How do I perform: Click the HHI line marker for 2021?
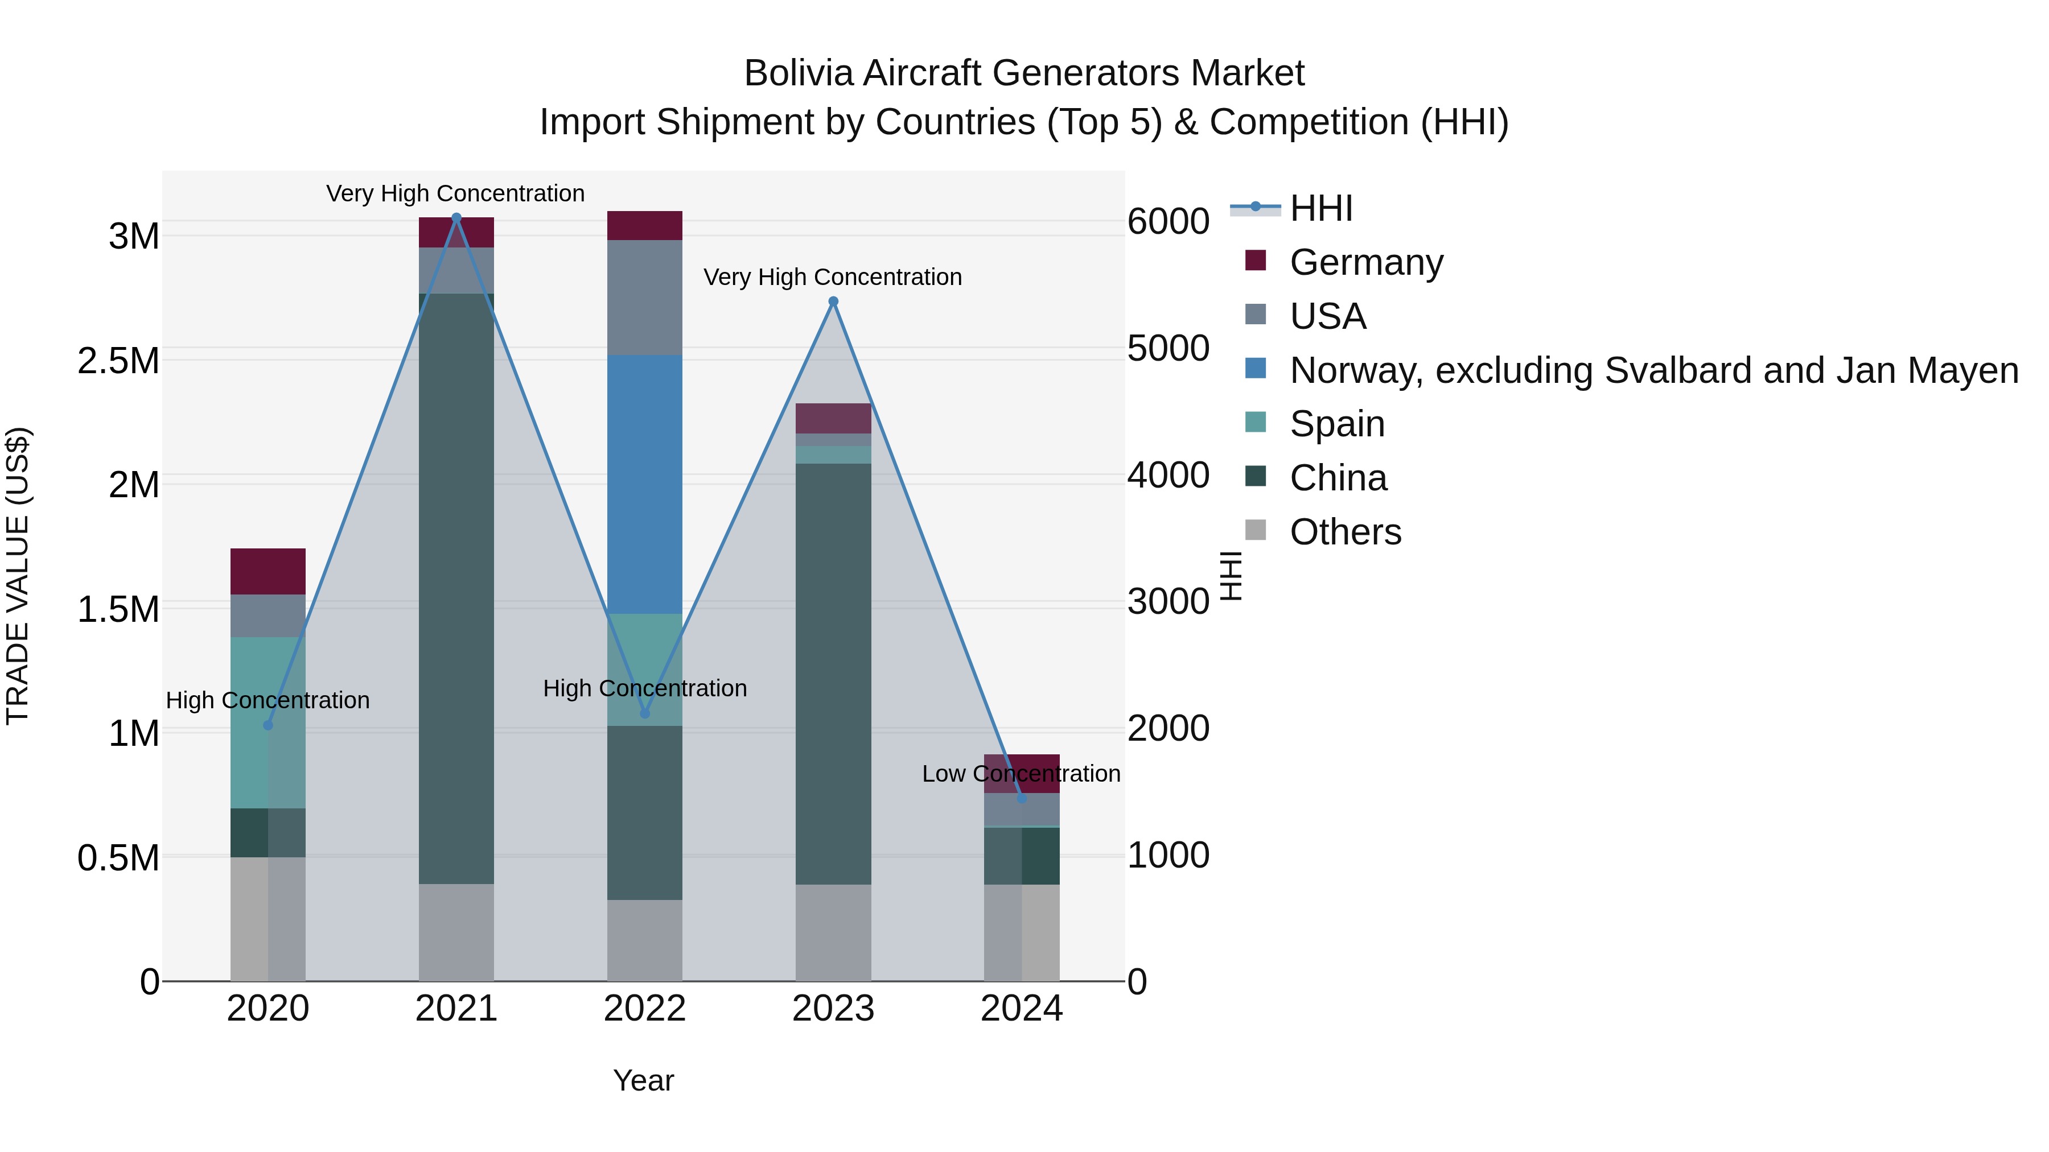pos(456,218)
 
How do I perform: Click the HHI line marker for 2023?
pos(833,302)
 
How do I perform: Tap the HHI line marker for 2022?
pos(644,713)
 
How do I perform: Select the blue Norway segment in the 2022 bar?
pos(644,484)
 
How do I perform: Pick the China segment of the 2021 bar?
pos(456,588)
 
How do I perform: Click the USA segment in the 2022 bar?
pos(644,298)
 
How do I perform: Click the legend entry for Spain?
pos(1336,424)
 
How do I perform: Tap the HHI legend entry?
pos(1320,208)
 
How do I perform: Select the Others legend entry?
pos(1344,532)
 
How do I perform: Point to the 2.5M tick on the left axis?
pos(118,361)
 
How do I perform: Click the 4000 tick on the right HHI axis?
pos(1168,476)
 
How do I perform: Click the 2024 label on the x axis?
pos(1021,1009)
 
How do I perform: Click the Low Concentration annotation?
pos(1021,774)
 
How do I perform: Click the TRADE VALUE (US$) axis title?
pos(18,576)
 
